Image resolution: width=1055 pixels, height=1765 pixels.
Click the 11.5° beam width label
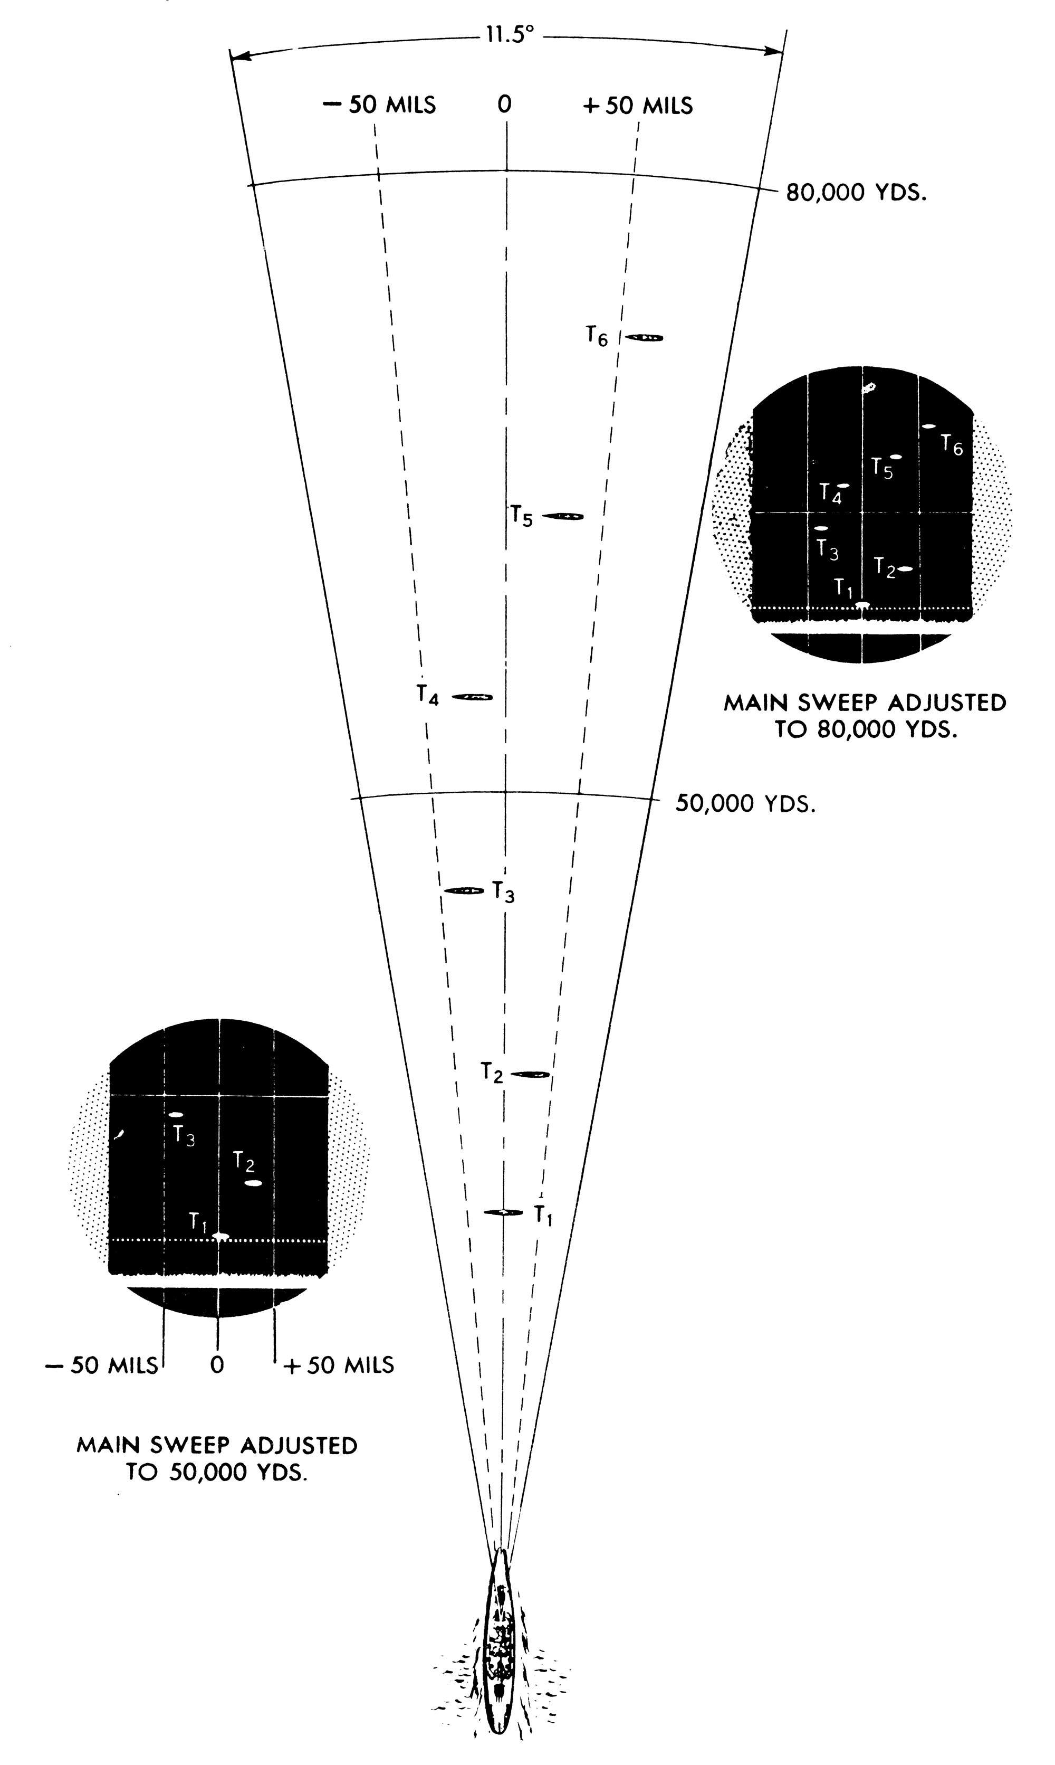point(509,35)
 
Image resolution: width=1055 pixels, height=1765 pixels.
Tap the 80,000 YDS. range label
point(856,193)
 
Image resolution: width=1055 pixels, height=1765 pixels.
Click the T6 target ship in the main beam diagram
point(644,337)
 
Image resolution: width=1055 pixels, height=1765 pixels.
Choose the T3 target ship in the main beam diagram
point(464,890)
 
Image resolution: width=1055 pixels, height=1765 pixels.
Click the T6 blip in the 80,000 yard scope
point(928,426)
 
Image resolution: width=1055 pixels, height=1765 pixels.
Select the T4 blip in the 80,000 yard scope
point(843,485)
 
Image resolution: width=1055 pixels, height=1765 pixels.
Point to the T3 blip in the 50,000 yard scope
point(176,1114)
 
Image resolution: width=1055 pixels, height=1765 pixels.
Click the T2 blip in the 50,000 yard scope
point(254,1183)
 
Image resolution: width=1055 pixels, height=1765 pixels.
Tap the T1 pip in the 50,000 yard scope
point(220,1237)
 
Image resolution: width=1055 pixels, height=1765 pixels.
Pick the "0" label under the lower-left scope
point(217,1364)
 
